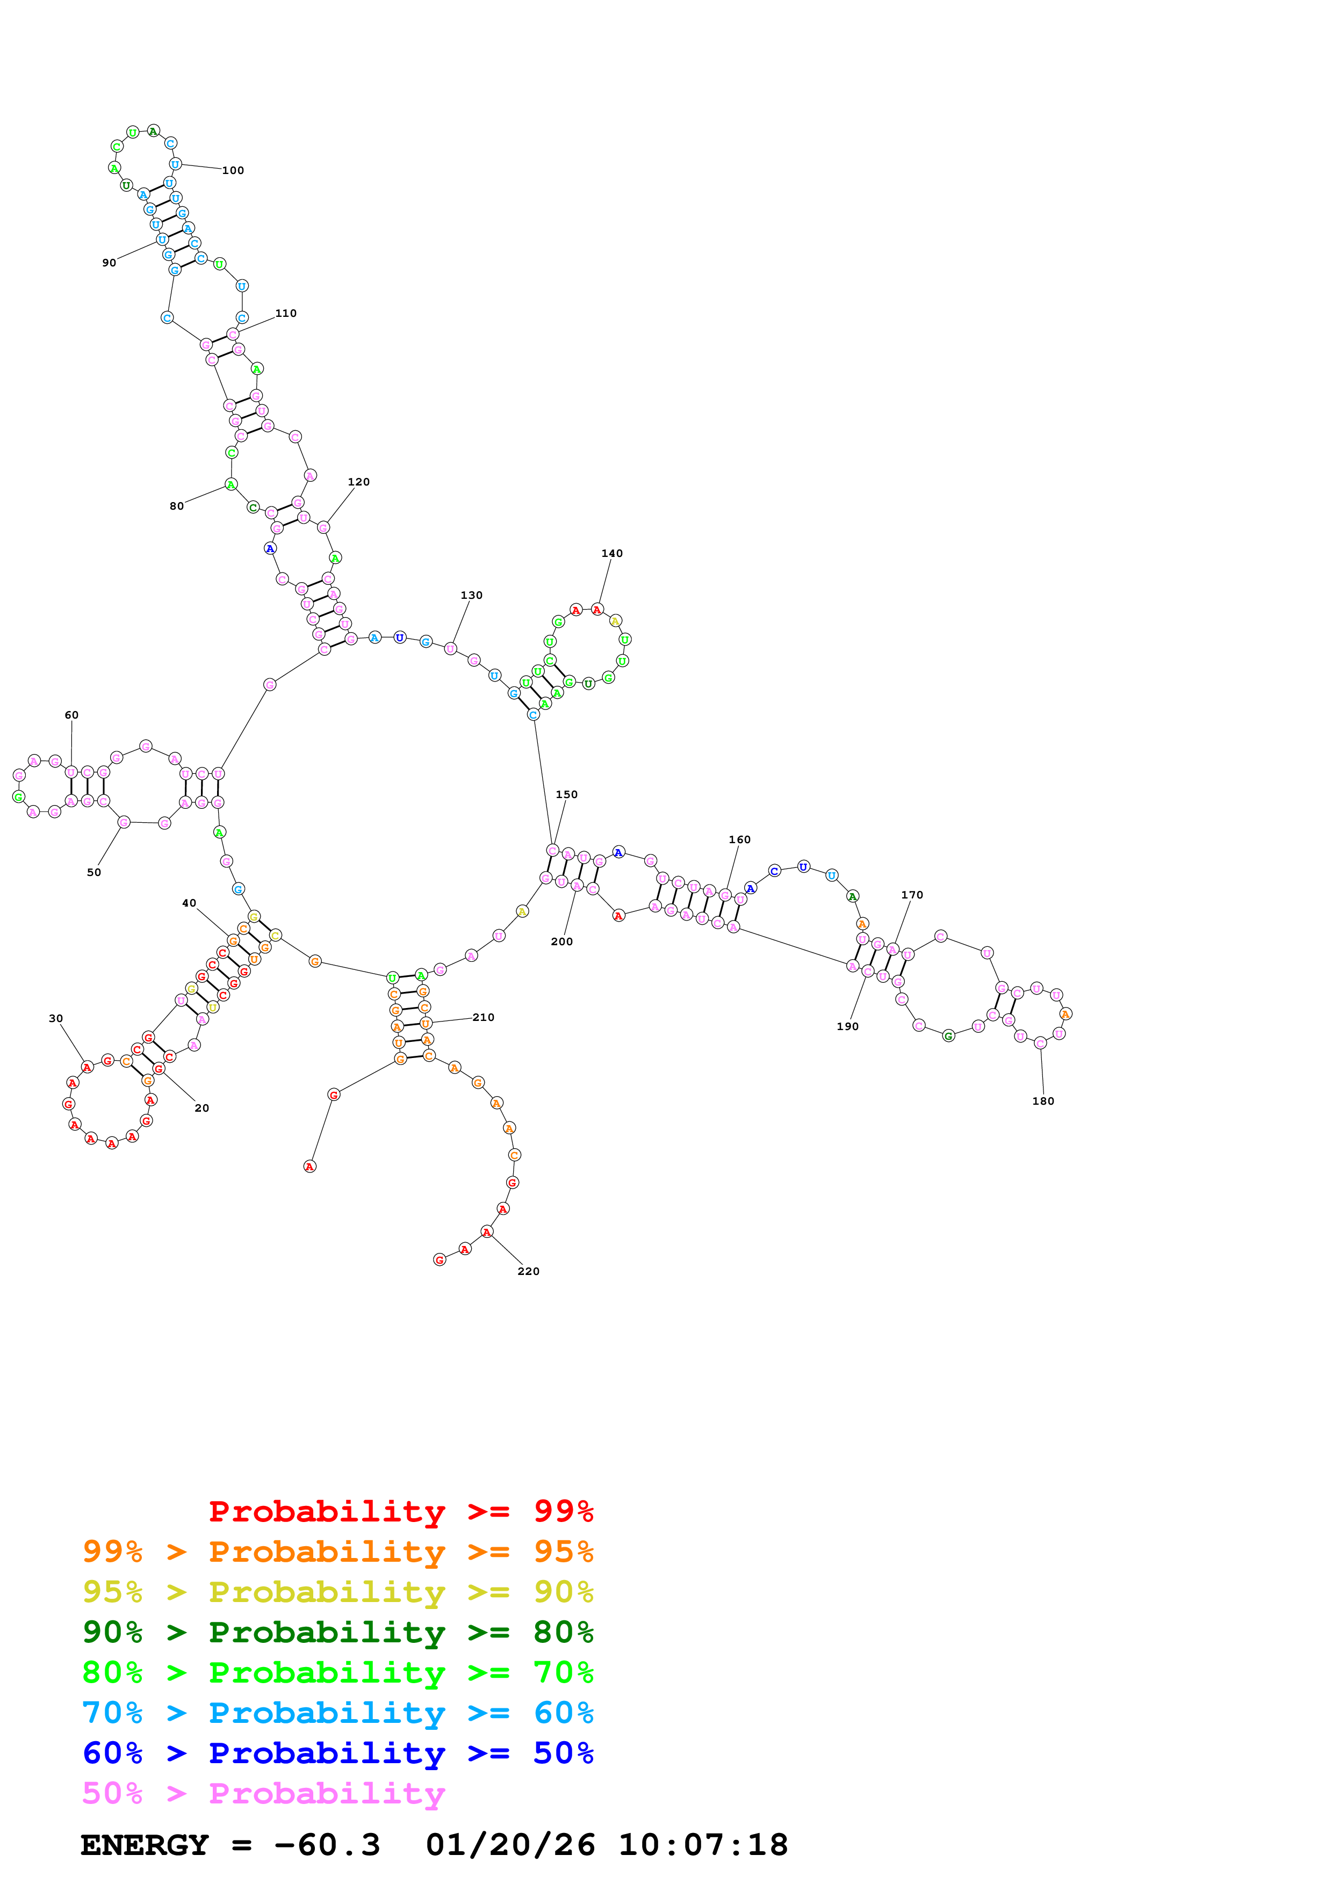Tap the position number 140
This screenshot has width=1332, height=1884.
(x=611, y=554)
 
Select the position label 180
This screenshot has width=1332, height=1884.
(x=1042, y=1101)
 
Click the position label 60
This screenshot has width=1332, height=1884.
(x=71, y=715)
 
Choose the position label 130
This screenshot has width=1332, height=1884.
(x=471, y=596)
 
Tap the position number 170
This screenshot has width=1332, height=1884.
(x=912, y=895)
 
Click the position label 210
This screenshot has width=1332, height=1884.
(x=484, y=1018)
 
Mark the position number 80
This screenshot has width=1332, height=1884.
(x=176, y=506)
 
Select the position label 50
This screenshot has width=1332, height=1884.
(x=93, y=872)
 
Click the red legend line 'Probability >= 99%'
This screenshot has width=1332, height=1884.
(x=400, y=1511)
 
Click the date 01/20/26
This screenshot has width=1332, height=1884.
(x=510, y=1845)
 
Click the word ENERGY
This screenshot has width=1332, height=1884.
(x=145, y=1845)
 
